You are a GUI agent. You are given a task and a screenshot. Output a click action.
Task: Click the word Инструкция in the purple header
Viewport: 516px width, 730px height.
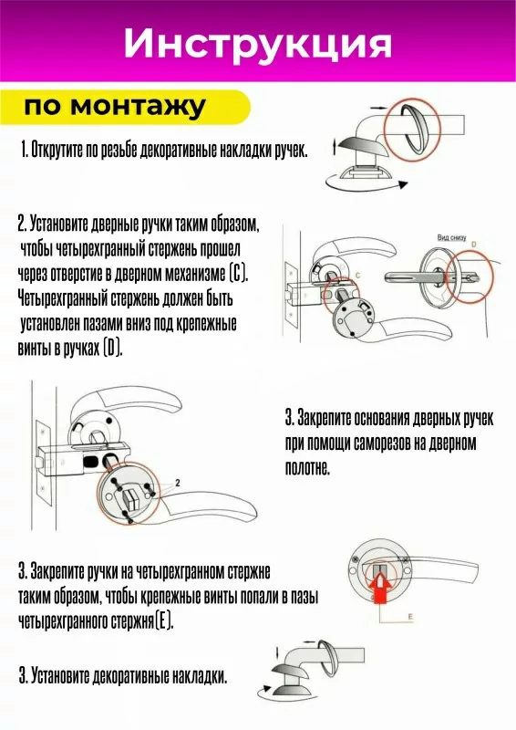pos(257,45)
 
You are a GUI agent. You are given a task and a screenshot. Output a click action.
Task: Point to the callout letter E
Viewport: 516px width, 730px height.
pos(410,618)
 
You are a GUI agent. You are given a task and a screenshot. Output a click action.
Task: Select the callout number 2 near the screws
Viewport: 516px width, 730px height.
pos(178,484)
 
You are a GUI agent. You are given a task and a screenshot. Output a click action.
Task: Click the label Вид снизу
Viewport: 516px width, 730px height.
pos(451,237)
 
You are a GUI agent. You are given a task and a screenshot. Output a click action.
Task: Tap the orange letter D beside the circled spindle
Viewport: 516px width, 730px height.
pos(474,245)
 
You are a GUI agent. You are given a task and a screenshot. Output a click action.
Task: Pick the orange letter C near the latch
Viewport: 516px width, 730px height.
pos(357,276)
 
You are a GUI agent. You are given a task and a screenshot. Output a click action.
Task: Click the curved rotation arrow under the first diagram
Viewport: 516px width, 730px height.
pos(366,185)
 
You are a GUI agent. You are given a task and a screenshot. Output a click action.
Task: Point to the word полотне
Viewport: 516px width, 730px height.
pos(307,467)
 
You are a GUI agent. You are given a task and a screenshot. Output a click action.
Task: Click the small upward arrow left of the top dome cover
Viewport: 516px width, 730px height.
pos(334,147)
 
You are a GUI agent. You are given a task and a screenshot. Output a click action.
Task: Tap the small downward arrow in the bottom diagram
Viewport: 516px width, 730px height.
pos(277,652)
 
